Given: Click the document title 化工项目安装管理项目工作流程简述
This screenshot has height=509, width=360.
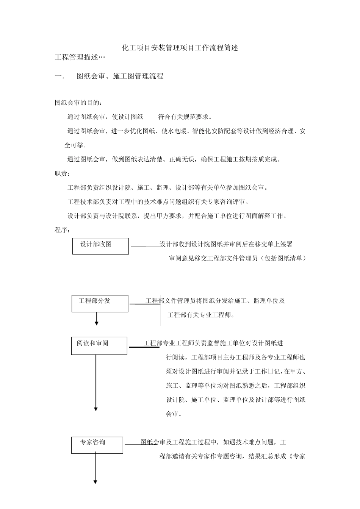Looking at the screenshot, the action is tap(180, 48).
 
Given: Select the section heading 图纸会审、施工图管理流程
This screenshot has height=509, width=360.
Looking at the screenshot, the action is tap(120, 76).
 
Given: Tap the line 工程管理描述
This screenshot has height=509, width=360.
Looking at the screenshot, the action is tap(80, 57).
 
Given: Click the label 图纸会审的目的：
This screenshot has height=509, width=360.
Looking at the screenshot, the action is tap(78, 103).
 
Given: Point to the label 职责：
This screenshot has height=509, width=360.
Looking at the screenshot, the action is tap(63, 173).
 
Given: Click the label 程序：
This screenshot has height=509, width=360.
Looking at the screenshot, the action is tap(63, 230).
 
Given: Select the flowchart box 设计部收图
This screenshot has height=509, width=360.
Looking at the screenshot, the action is tap(100, 246).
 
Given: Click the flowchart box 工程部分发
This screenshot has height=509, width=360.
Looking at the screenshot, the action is tap(100, 303).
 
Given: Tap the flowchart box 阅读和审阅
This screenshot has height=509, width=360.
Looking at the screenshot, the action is tap(99, 345).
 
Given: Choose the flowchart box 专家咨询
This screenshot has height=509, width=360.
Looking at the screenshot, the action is tap(97, 445).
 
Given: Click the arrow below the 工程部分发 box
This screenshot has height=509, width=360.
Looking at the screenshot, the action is tap(97, 319).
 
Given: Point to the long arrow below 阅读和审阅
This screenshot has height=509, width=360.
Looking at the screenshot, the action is tap(96, 383).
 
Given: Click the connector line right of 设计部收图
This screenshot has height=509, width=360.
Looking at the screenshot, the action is tap(145, 247).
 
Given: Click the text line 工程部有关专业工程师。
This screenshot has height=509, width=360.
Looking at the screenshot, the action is tap(201, 315).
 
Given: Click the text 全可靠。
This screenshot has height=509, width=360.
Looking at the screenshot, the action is tap(75, 145).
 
